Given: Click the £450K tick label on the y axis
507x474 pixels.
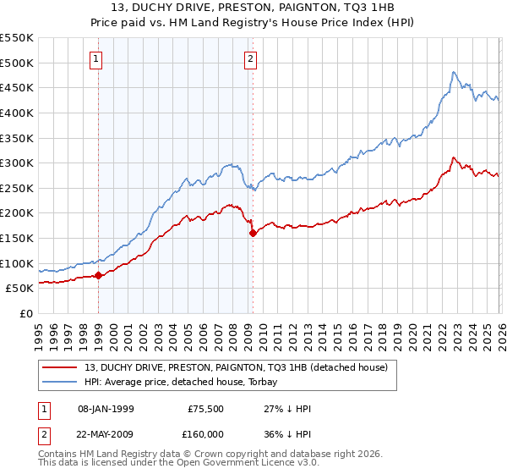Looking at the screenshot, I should tap(17, 88).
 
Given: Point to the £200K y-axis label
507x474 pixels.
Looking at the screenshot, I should tap(17, 213).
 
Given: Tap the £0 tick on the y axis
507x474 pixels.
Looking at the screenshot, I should tap(25, 313).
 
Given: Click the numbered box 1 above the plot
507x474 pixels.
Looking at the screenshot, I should tap(97, 59).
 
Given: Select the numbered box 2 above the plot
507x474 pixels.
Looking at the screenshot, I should tap(251, 59).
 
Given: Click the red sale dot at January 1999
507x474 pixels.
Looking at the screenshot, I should tap(98, 275).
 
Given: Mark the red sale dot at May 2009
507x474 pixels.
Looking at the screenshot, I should tap(253, 234).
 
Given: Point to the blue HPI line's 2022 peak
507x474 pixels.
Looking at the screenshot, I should tap(454, 73).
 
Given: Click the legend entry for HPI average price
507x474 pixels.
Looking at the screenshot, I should tap(195, 383).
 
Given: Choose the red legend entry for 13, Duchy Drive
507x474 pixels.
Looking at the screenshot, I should tap(236, 367).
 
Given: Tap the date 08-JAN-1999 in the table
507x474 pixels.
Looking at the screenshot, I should tap(106, 409).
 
